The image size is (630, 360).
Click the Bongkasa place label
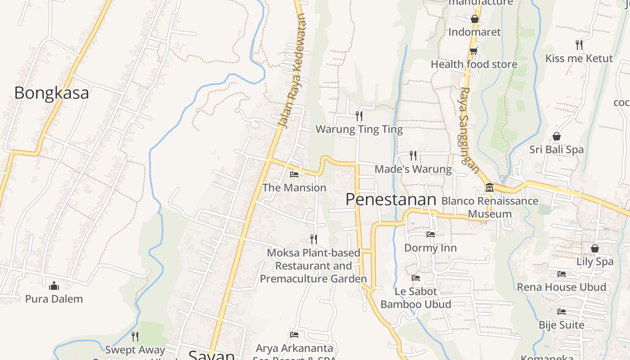coord(51,93)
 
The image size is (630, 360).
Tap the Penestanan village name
coord(391,200)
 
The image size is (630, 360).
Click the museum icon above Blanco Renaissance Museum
coord(490,187)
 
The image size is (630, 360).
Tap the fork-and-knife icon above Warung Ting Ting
coord(359,116)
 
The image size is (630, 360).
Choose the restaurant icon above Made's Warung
coord(413,156)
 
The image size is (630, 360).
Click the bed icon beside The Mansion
coord(294,174)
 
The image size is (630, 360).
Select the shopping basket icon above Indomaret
coord(474,18)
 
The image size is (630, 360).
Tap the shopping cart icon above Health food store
coord(473,51)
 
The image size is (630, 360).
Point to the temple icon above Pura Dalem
coord(54,285)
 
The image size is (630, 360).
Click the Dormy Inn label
coord(430,248)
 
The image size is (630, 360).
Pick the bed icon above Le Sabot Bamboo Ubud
coord(416,278)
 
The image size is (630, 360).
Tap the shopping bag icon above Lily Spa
coord(595,248)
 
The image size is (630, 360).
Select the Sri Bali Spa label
coord(556,149)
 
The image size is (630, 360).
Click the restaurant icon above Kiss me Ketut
coord(579,45)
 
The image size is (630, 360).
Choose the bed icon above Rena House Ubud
coord(562,274)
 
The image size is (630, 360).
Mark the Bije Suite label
coord(562,325)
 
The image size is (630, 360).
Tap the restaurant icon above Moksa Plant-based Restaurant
coord(314,239)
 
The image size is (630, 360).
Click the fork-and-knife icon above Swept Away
coord(135,336)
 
